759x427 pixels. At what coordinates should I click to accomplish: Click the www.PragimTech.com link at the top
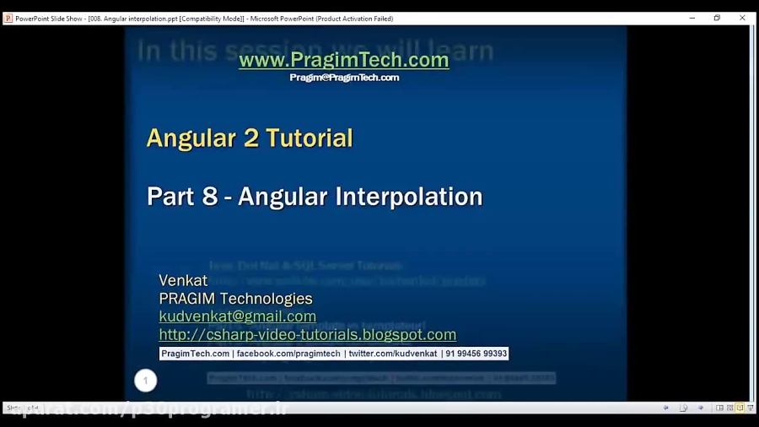[343, 60]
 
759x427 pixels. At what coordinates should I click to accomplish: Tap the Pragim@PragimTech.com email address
[344, 78]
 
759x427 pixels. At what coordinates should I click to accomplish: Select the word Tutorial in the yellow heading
[309, 138]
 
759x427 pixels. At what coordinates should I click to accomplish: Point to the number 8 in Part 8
[210, 197]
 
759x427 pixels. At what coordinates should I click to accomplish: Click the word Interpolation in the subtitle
[409, 197]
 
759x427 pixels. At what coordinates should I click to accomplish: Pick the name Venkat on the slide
[183, 280]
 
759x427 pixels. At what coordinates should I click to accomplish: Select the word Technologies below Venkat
[267, 299]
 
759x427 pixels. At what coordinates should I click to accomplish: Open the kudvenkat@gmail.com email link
[237, 316]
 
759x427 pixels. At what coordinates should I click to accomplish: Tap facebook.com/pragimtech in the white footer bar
[288, 354]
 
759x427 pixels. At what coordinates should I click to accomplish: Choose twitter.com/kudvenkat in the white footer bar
[392, 354]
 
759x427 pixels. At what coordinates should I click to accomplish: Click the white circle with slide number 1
[145, 381]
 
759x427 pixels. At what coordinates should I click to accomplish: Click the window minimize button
[692, 18]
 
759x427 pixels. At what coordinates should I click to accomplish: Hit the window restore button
[717, 18]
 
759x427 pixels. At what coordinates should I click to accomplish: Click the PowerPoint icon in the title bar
[8, 19]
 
